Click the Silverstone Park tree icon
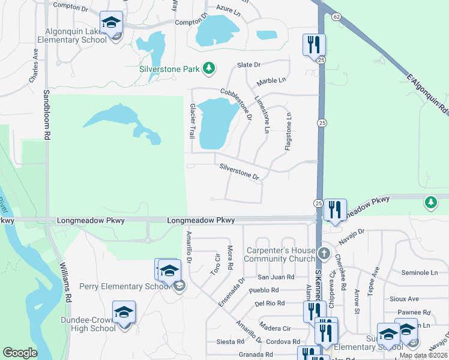tap(209, 69)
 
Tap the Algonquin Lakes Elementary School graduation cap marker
tap(111, 23)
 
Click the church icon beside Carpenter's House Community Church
tap(325, 254)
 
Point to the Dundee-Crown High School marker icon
tap(124, 313)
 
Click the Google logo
tap(20, 353)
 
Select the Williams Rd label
tap(65, 281)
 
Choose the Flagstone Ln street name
tap(289, 130)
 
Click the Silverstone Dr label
tap(239, 172)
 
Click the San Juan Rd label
tap(276, 277)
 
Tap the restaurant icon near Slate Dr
tap(314, 44)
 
